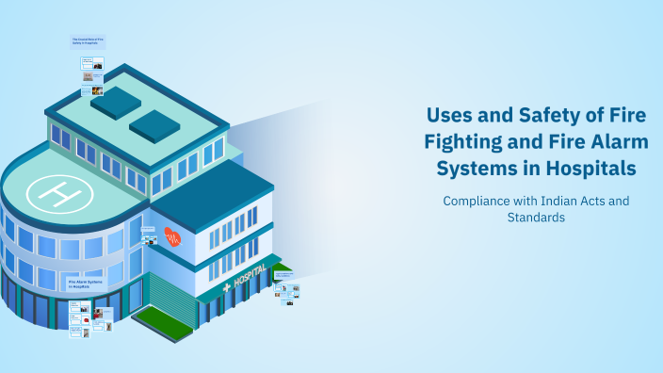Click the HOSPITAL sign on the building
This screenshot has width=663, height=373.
pos(248,279)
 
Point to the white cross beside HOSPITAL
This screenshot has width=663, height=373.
pos(225,287)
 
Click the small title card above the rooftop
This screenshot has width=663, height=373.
pos(88,42)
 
